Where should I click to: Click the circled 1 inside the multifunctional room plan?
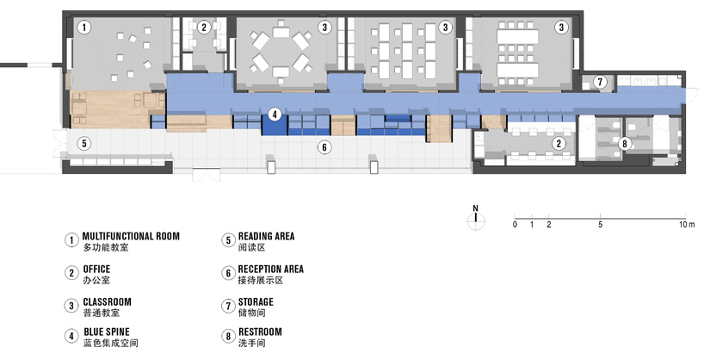[x=84, y=28]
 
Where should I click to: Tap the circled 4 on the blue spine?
[x=275, y=115]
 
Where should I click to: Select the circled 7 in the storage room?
[x=600, y=82]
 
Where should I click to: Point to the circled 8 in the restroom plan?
[x=624, y=144]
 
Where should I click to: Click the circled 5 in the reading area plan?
[x=84, y=143]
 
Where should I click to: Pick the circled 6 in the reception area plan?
[x=324, y=146]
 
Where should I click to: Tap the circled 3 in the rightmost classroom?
[x=561, y=28]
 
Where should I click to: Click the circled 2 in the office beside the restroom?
[x=559, y=143]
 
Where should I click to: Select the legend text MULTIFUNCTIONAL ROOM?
[x=131, y=236]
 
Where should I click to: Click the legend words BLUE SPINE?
[x=107, y=332]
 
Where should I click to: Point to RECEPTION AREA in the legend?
[x=271, y=270]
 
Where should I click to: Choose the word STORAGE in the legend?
[x=256, y=302]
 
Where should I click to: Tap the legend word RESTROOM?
[x=260, y=332]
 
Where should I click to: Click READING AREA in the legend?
[x=266, y=236]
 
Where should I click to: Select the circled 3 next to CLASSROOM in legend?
[x=71, y=306]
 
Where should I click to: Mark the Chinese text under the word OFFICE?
[x=96, y=280]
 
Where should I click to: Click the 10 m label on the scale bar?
[x=687, y=224]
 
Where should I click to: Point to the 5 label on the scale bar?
[x=600, y=224]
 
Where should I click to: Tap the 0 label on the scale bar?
[x=515, y=224]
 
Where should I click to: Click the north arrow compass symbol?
[x=475, y=218]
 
